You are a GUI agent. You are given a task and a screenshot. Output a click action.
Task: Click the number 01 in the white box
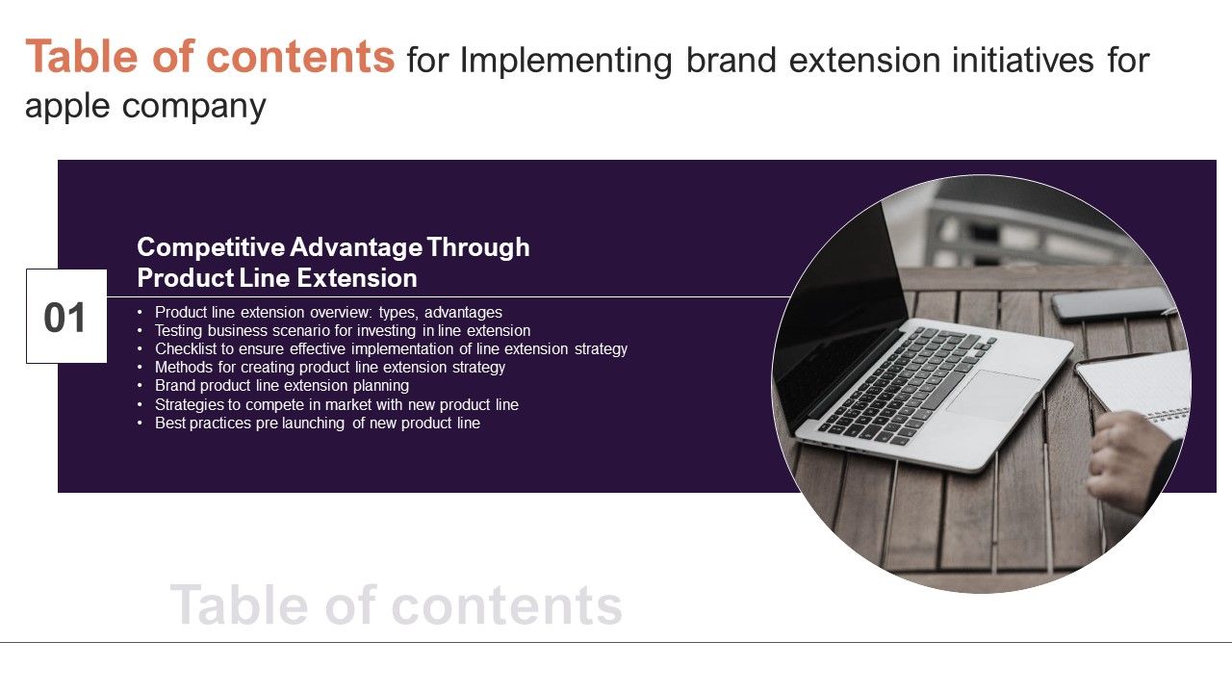(x=65, y=318)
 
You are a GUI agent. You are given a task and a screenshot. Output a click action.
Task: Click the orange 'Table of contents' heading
(x=210, y=57)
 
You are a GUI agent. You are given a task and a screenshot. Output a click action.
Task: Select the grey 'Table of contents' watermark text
(x=396, y=605)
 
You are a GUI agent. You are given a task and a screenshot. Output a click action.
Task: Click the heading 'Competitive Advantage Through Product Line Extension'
(x=333, y=263)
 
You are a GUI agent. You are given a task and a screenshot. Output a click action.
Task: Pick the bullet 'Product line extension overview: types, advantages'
(x=328, y=313)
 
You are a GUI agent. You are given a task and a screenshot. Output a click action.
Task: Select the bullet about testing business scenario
(x=342, y=331)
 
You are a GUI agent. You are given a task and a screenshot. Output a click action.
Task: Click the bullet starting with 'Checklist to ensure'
(x=391, y=349)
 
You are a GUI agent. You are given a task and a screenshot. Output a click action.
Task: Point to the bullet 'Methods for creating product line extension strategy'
(x=329, y=368)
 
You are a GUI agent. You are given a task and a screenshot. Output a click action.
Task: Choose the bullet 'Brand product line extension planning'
(x=281, y=386)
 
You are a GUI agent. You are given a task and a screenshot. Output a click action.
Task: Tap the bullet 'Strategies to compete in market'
(x=336, y=404)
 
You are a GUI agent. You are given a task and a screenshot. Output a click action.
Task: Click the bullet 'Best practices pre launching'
(x=317, y=423)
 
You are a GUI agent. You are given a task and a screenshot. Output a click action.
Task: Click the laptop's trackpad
(x=992, y=395)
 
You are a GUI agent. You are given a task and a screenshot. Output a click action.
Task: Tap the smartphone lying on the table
(x=1112, y=303)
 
